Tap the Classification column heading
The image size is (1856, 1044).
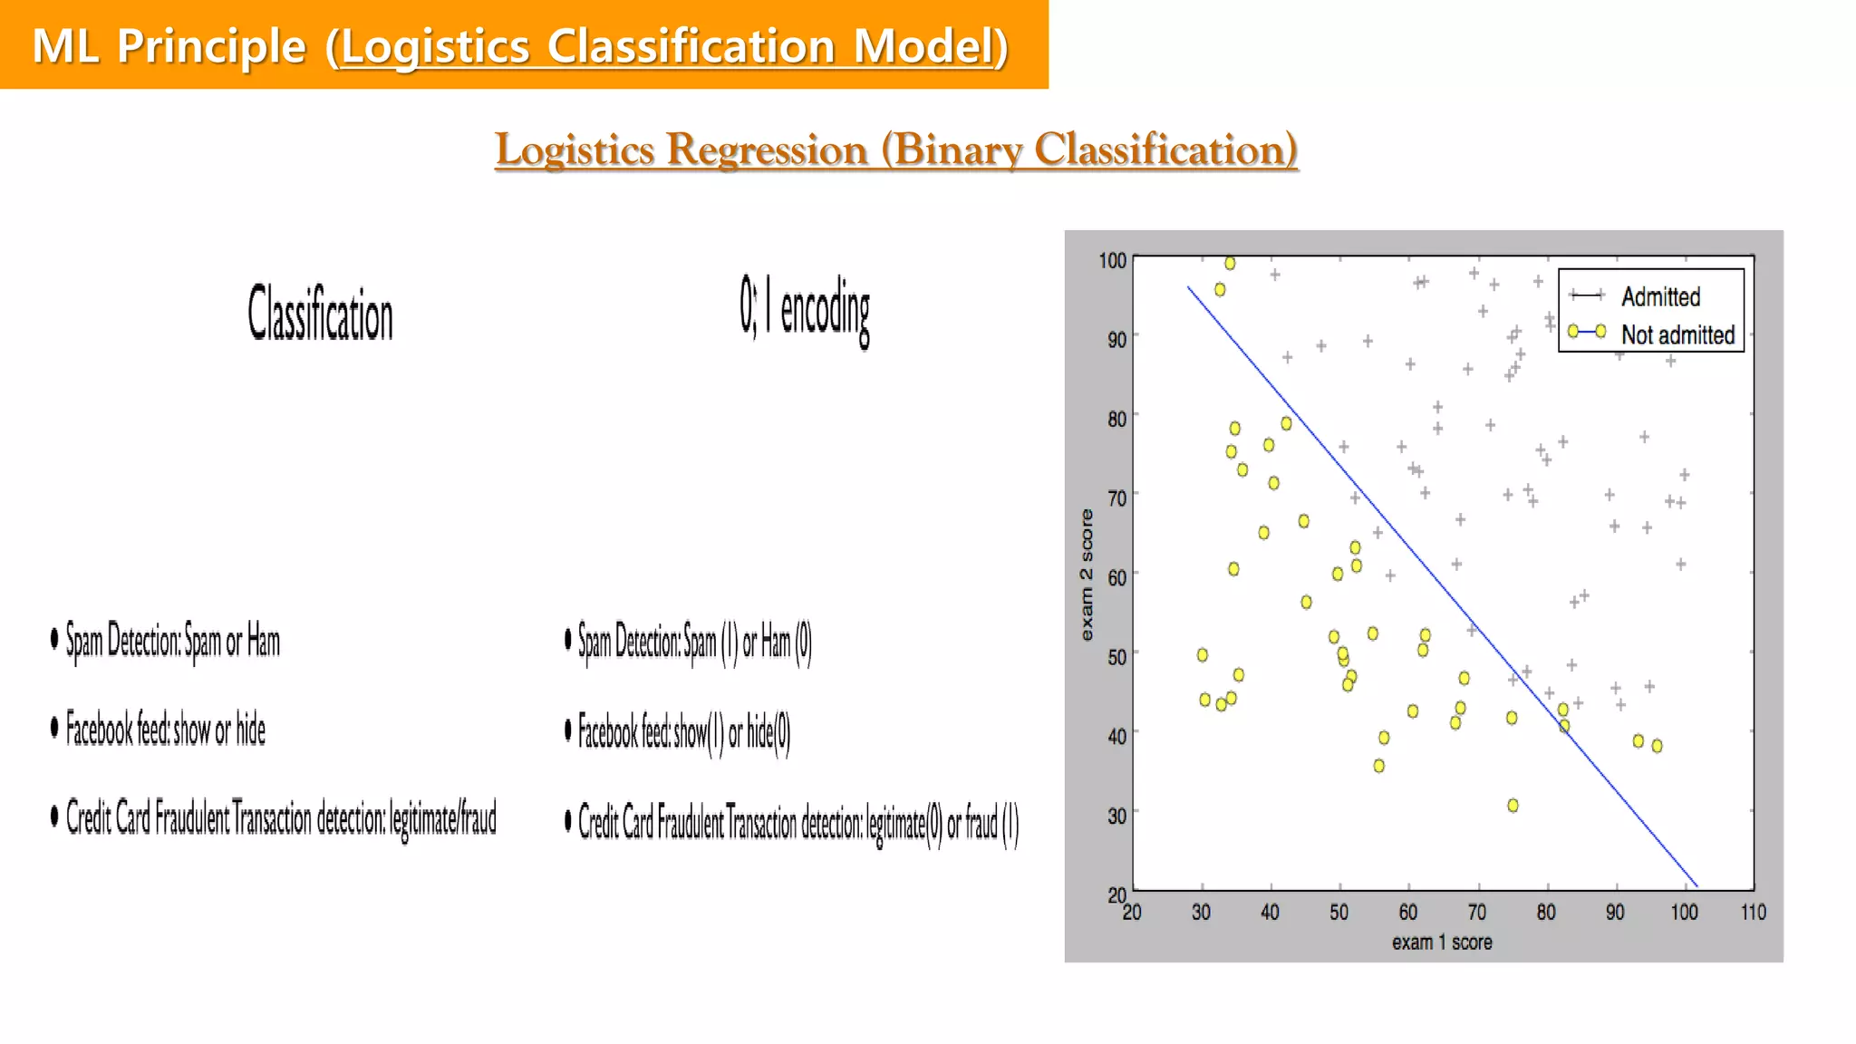pos(321,313)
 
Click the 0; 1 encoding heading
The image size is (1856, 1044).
pos(804,309)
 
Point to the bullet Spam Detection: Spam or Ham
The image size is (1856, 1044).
pos(172,642)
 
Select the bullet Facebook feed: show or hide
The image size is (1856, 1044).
pos(165,730)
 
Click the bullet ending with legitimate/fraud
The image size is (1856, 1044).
pos(280,818)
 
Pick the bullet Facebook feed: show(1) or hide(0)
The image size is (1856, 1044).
pos(683,732)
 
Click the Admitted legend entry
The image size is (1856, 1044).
pos(1659,296)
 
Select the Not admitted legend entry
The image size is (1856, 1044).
pos(1677,334)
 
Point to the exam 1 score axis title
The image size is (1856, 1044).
pos(1441,942)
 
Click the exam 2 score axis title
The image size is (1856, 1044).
pos(1087,575)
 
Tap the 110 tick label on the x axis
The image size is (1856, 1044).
pos(1753,913)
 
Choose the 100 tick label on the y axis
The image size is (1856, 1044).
pos(1112,261)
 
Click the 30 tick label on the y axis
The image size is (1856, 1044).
pos(1116,816)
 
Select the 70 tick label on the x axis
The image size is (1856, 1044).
pos(1476,913)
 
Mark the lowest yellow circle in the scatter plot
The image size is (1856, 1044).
pos(1513,805)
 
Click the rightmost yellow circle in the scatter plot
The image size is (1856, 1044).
pos(1657,746)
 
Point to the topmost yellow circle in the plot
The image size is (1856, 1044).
pos(1230,264)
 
